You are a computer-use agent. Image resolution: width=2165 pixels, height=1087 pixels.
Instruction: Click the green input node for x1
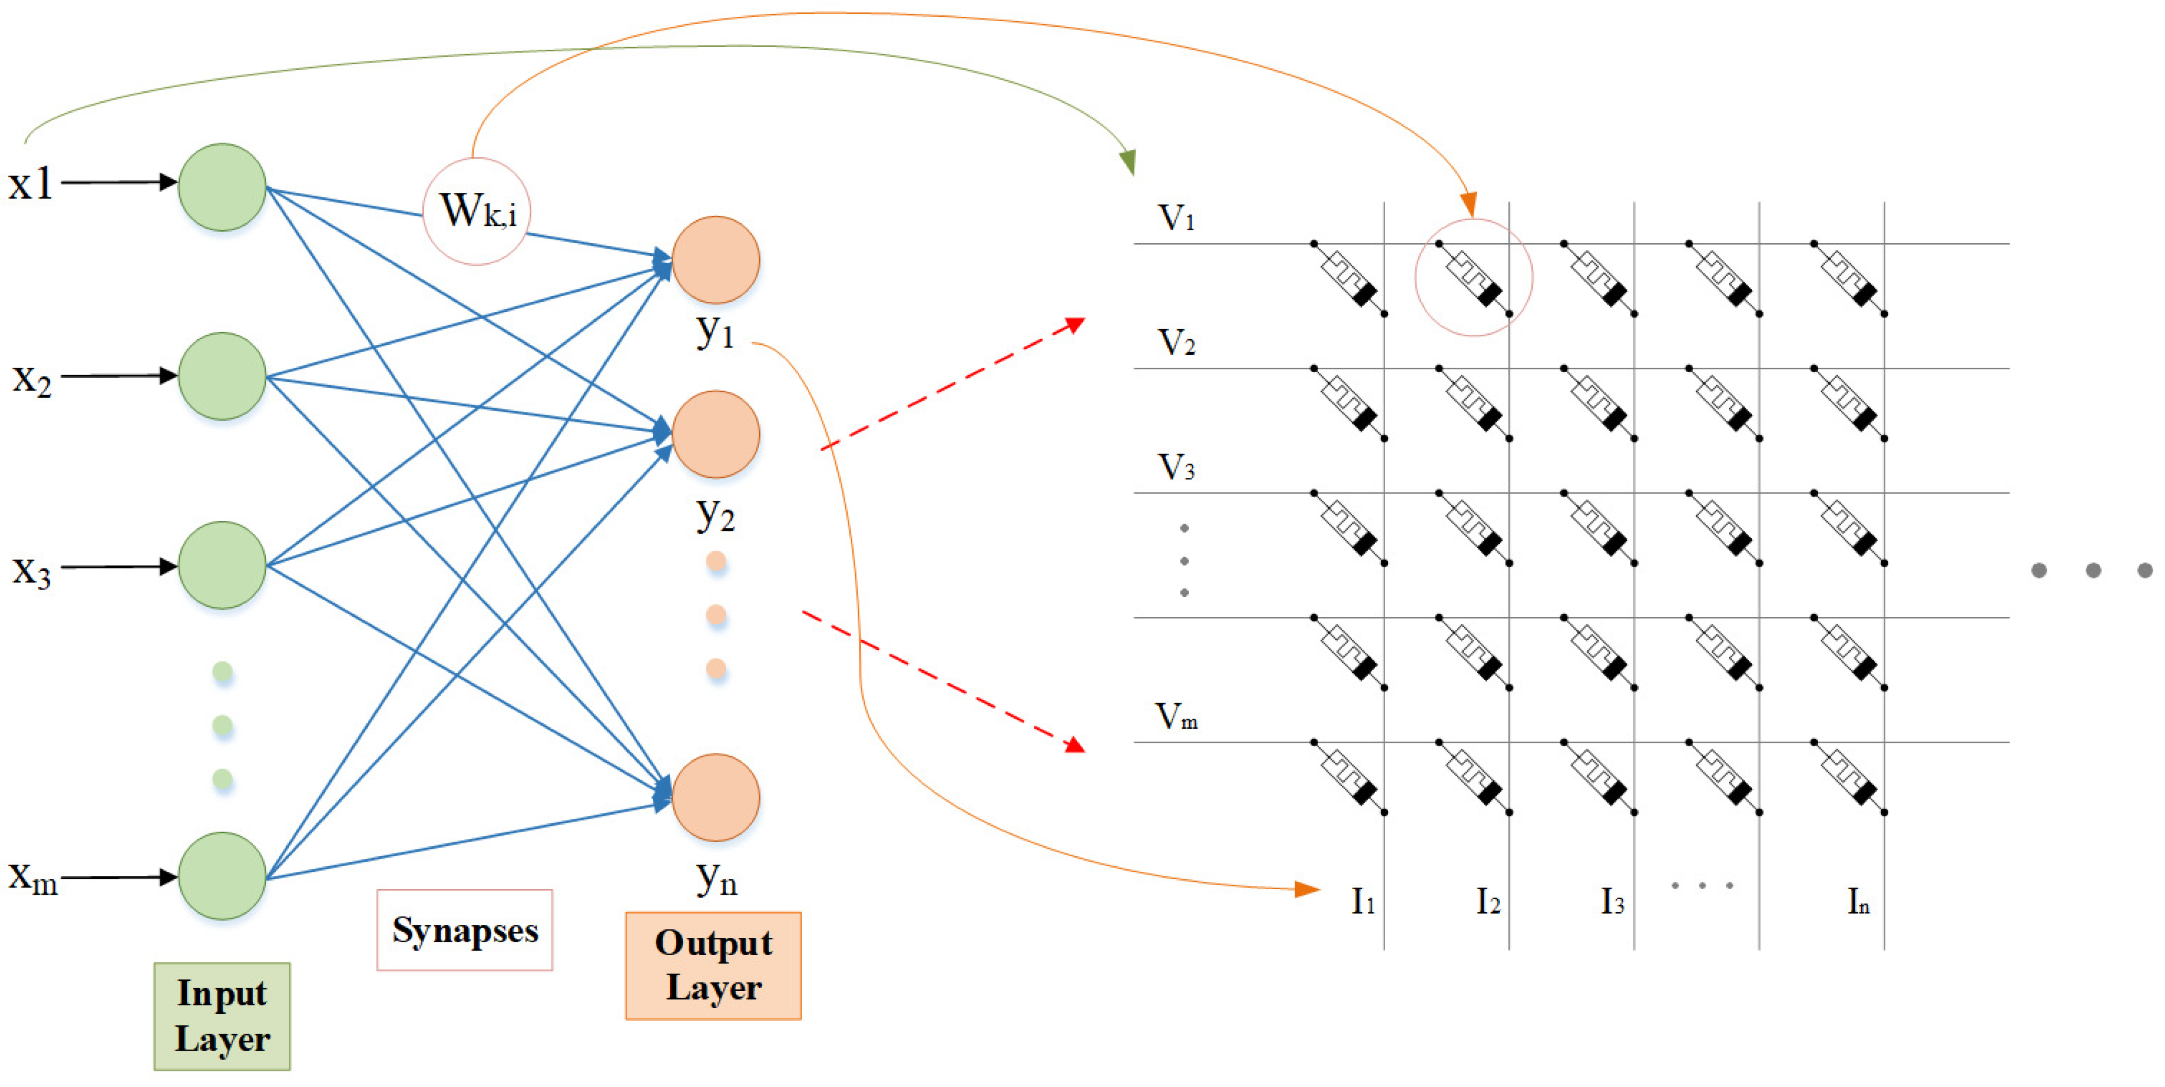pyautogui.click(x=222, y=187)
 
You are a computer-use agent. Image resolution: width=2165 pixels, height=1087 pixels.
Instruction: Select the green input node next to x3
pyautogui.click(x=222, y=564)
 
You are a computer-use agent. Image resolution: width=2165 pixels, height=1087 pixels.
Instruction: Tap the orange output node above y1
pyautogui.click(x=715, y=259)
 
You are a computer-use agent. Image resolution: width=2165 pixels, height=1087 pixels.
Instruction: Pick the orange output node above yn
pyautogui.click(x=715, y=796)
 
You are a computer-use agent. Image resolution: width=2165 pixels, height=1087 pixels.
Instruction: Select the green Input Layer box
pyautogui.click(x=222, y=1015)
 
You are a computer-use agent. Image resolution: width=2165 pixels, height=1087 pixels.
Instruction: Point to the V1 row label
pyautogui.click(x=1175, y=219)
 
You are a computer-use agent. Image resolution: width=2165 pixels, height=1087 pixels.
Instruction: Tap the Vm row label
pyautogui.click(x=1175, y=716)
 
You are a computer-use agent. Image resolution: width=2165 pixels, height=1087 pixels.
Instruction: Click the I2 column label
pyautogui.click(x=1487, y=901)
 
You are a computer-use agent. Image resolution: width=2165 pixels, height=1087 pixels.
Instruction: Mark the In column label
pyautogui.click(x=1858, y=901)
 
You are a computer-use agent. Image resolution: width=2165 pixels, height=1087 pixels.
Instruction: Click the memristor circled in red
pyautogui.click(x=1474, y=277)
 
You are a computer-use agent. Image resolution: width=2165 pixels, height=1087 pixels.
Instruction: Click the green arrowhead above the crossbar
pyautogui.click(x=1129, y=162)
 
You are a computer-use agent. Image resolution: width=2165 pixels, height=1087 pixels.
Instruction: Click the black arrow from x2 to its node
pyautogui.click(x=117, y=376)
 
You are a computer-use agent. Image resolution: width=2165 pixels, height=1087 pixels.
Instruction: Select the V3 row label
pyautogui.click(x=1175, y=467)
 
